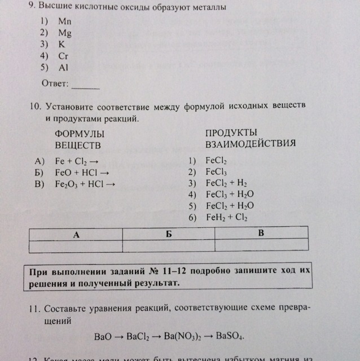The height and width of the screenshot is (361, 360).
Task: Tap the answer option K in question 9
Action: click(x=62, y=44)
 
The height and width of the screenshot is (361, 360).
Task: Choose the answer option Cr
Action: click(x=63, y=56)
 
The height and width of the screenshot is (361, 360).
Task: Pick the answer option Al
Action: click(x=63, y=67)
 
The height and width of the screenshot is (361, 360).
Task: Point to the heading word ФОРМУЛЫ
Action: click(x=80, y=134)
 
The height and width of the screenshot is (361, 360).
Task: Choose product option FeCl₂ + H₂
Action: click(x=227, y=183)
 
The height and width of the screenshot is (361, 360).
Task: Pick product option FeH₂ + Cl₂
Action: click(x=227, y=217)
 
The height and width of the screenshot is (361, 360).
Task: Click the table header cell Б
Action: click(x=168, y=234)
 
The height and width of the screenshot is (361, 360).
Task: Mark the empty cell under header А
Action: click(x=76, y=246)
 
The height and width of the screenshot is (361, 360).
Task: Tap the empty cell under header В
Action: click(x=261, y=246)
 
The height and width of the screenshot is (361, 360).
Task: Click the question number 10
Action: click(x=35, y=106)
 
